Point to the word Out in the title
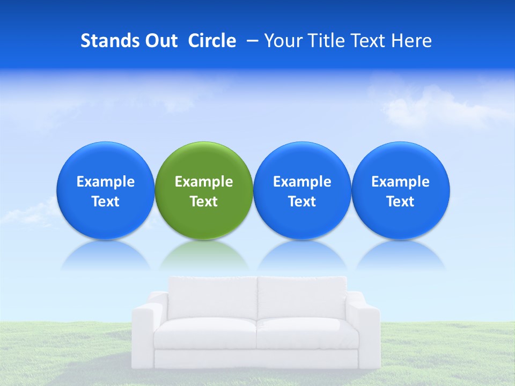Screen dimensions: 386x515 pos(160,41)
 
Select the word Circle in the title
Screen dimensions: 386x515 pos(212,41)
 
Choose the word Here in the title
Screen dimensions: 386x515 pos(411,41)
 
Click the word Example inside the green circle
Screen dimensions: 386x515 pos(204,182)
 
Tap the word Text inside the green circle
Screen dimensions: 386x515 pos(204,202)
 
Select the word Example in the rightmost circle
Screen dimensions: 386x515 pos(401,182)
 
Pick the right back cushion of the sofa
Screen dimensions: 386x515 pos(301,298)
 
